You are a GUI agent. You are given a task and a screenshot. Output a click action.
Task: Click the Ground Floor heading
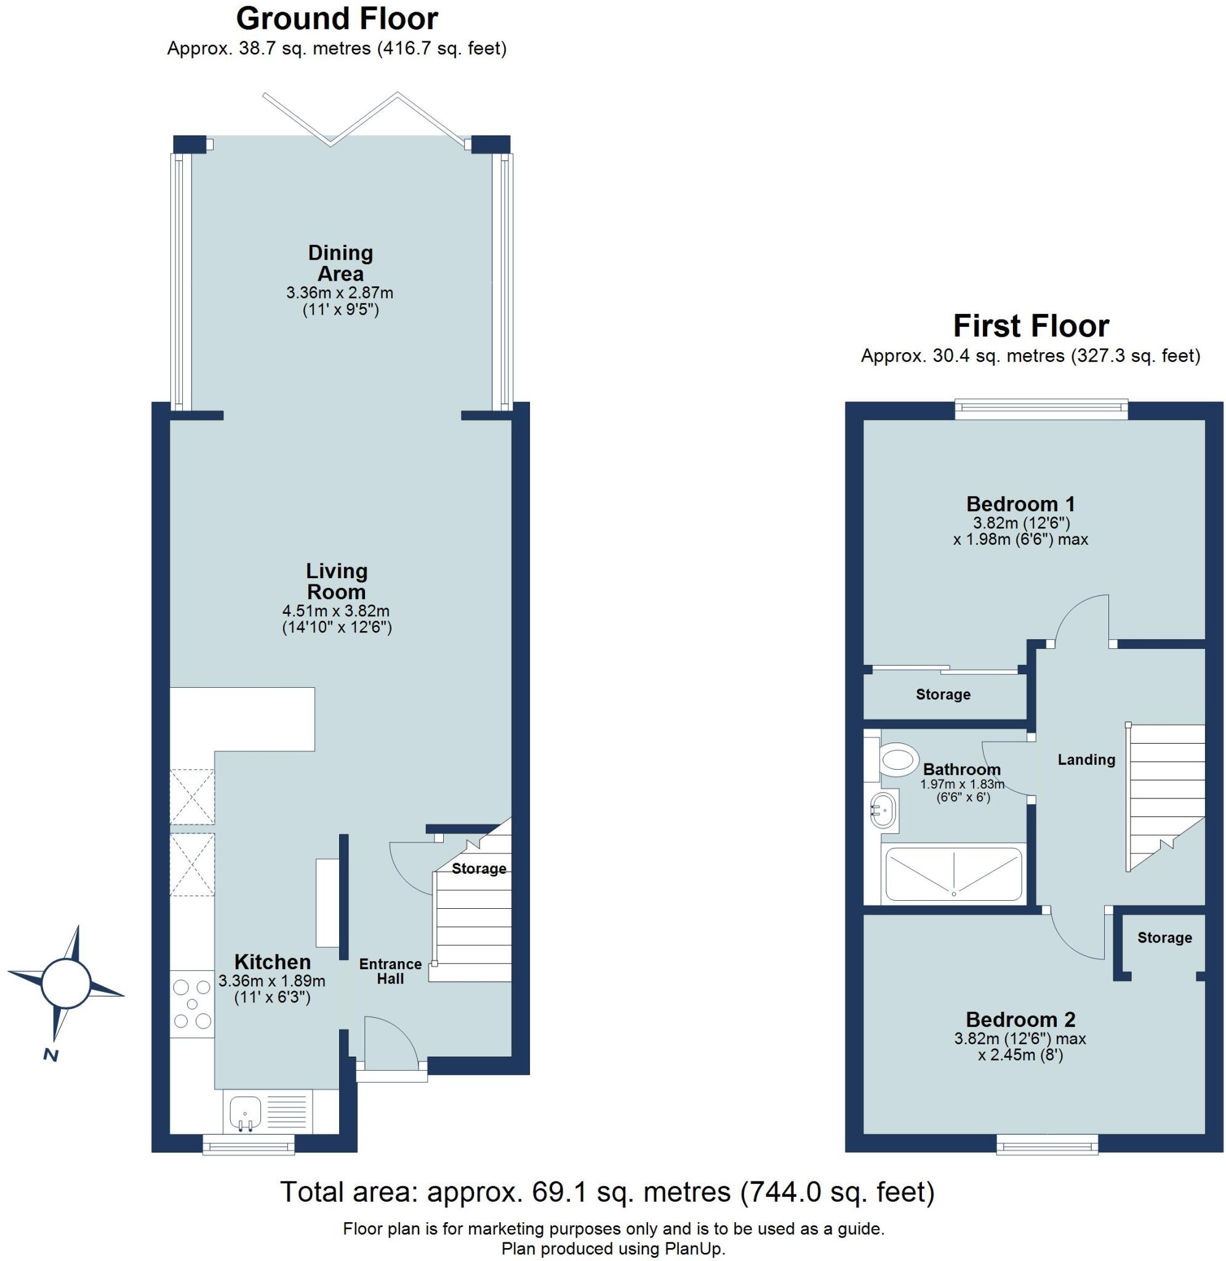click(x=337, y=18)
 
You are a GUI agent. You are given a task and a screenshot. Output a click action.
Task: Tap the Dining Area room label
click(x=340, y=263)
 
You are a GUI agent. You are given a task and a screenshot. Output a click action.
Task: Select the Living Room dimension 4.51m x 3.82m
click(x=336, y=611)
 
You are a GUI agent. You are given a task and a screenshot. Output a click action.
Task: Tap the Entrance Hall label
click(x=390, y=971)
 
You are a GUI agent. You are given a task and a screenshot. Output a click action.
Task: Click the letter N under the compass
click(x=50, y=1055)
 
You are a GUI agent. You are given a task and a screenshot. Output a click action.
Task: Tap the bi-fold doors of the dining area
click(x=364, y=119)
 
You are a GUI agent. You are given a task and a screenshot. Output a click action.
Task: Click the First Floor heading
click(x=1030, y=326)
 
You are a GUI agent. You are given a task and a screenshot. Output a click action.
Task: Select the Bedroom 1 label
click(x=1020, y=504)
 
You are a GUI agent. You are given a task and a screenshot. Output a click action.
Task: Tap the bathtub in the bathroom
click(x=953, y=874)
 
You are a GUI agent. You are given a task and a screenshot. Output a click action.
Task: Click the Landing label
click(x=1086, y=759)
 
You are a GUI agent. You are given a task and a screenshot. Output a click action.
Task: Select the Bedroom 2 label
click(x=1020, y=1020)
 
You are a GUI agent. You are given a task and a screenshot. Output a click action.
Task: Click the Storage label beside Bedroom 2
click(x=1164, y=938)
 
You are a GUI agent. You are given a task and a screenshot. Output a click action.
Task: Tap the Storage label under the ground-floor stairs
click(x=478, y=869)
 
